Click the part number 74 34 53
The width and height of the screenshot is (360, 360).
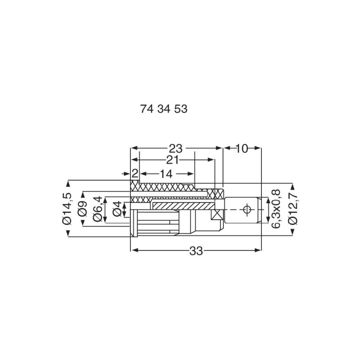pyautogui.click(x=164, y=109)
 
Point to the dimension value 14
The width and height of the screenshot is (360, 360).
pyautogui.click(x=166, y=174)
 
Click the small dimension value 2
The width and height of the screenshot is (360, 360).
pyautogui.click(x=135, y=174)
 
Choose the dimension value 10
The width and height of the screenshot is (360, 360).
pyautogui.click(x=242, y=148)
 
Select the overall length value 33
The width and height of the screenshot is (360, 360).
pyautogui.click(x=196, y=251)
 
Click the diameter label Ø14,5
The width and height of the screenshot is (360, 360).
pyautogui.click(x=68, y=208)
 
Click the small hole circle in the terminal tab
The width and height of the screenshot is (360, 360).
pyautogui.click(x=247, y=209)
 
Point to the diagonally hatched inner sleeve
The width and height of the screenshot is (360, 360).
pyautogui.click(x=180, y=205)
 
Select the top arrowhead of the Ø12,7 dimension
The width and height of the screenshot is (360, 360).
pyautogui.click(x=293, y=186)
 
